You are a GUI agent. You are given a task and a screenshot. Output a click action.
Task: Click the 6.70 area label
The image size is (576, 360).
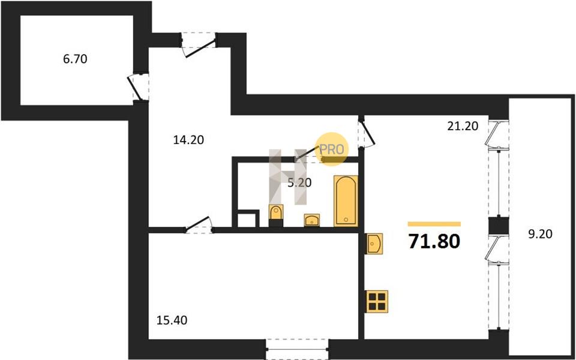(x=75, y=59)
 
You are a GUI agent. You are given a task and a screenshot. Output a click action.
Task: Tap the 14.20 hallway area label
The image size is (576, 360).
(x=188, y=140)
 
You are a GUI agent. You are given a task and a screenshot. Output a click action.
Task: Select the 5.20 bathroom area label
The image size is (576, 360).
(x=299, y=182)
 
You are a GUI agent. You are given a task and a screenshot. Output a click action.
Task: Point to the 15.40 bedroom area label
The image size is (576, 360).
(x=172, y=320)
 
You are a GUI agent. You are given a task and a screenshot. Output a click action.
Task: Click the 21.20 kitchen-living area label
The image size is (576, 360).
(x=463, y=126)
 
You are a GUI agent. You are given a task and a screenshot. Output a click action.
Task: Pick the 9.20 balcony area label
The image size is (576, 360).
(x=541, y=234)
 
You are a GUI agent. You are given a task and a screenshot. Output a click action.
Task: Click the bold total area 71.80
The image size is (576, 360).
(x=434, y=242)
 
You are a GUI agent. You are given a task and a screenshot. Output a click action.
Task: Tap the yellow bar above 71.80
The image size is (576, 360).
(x=434, y=224)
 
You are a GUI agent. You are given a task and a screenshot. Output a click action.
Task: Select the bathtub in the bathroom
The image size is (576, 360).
(x=346, y=200)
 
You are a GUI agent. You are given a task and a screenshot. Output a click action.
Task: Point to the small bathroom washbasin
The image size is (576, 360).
(x=312, y=220)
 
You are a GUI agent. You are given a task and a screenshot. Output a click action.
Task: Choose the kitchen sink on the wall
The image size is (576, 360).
(x=374, y=243)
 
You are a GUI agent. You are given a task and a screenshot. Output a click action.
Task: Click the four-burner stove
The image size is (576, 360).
(x=377, y=301)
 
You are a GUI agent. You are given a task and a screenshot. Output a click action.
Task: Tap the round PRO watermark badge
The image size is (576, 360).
(x=332, y=149)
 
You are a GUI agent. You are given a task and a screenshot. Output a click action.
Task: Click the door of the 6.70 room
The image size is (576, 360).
(x=139, y=86)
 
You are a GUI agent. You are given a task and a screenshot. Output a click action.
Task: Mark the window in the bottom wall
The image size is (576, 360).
(x=297, y=349)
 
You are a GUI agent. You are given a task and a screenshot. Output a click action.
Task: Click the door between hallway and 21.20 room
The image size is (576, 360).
(x=366, y=132)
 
